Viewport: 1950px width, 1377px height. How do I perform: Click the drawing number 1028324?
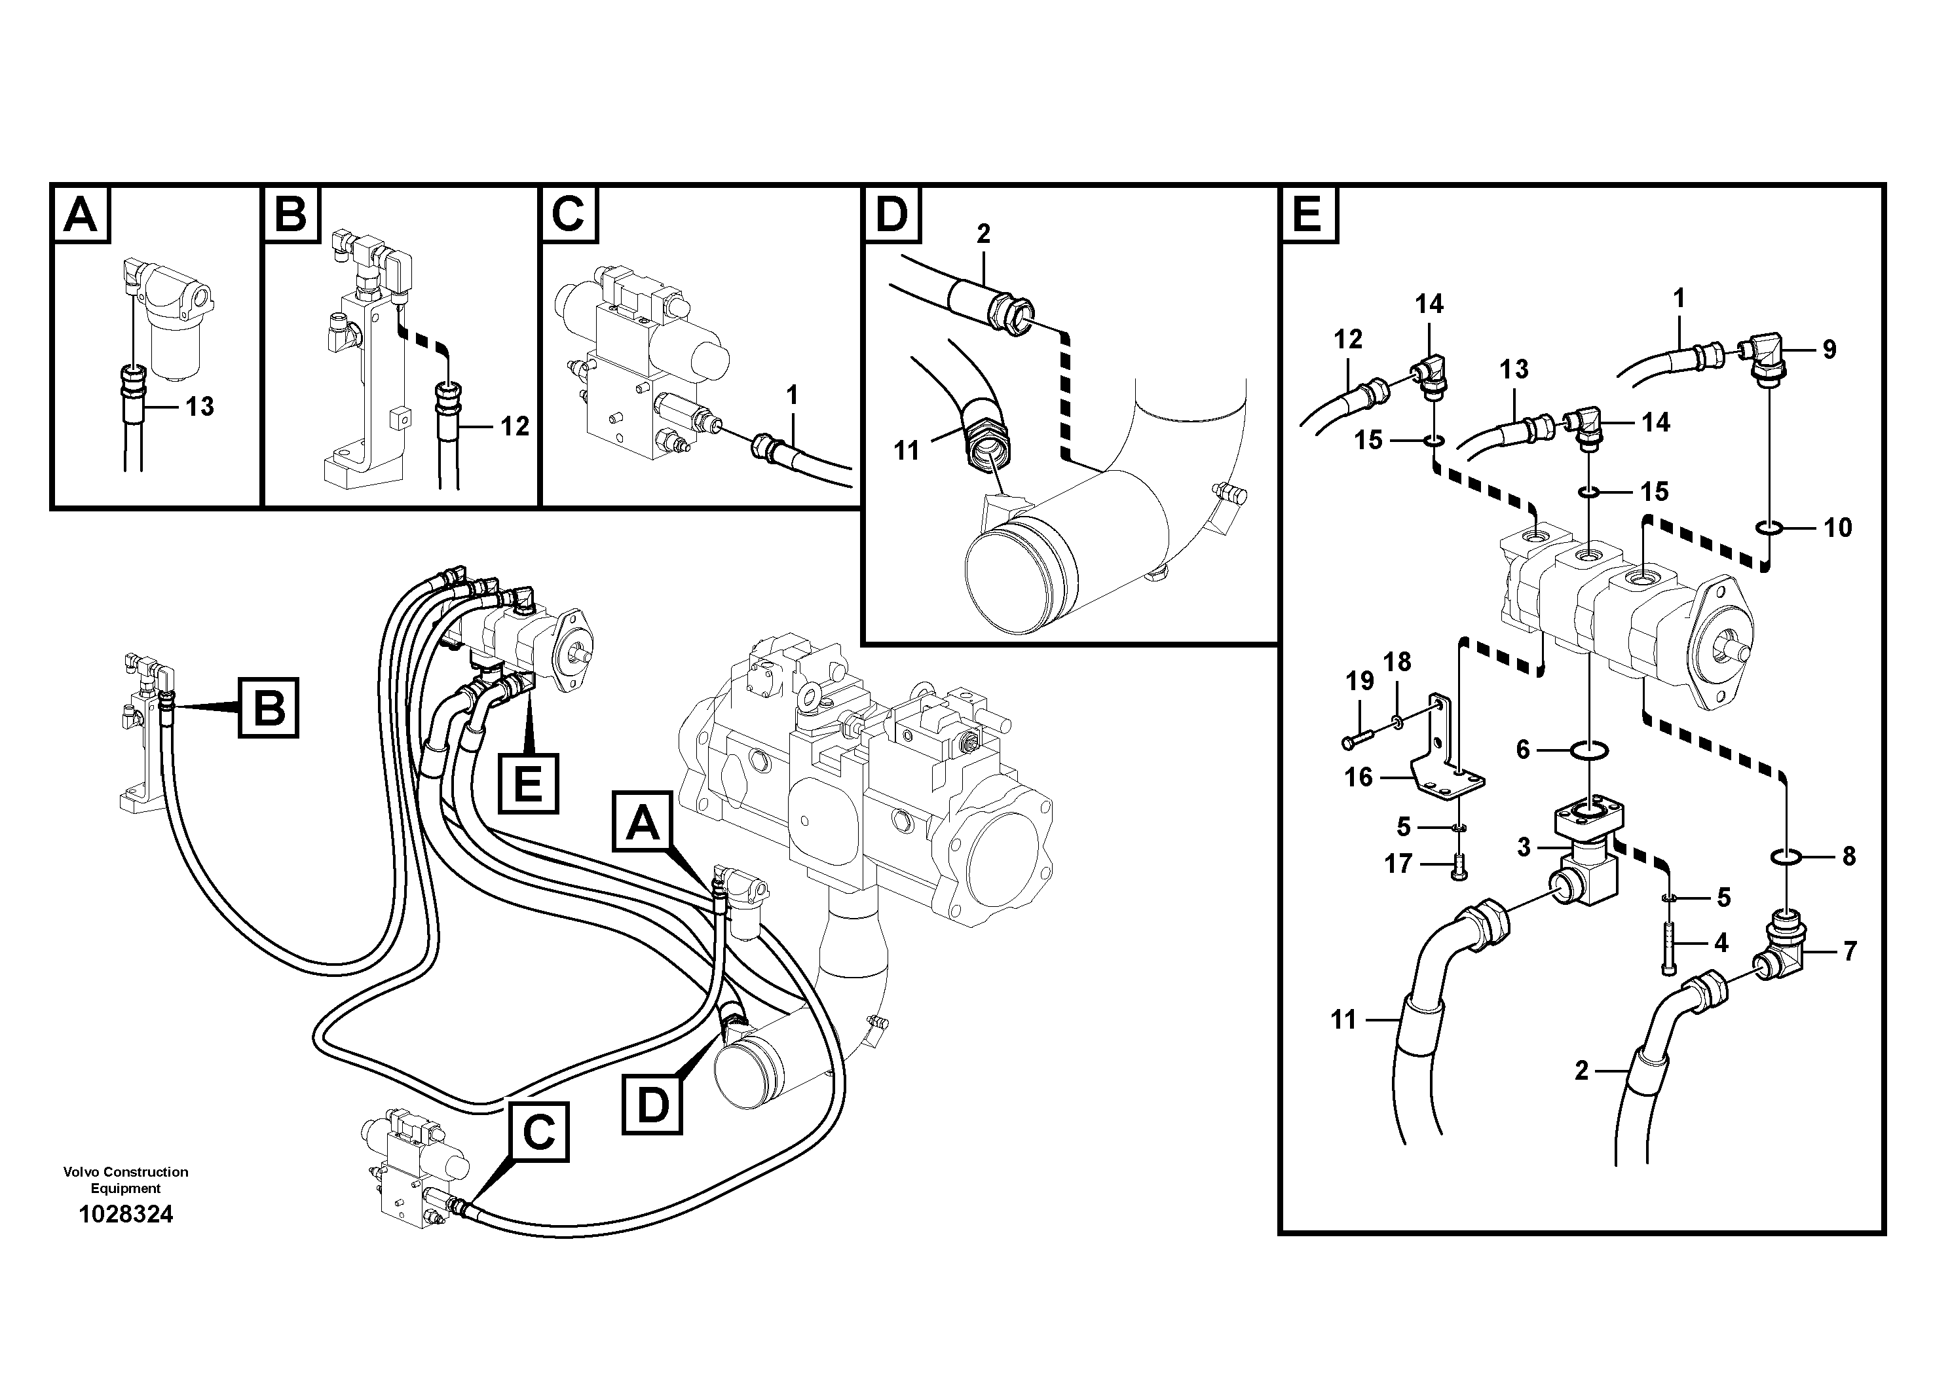126,1215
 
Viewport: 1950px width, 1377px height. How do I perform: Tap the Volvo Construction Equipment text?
126,1179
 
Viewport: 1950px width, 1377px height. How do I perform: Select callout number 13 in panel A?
200,407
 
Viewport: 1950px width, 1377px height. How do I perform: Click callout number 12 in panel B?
515,426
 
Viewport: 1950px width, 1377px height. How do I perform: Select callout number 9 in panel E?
1829,349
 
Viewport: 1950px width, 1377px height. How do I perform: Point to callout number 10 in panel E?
1838,528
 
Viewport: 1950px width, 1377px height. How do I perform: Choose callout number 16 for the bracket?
1358,777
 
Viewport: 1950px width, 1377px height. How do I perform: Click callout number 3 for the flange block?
1524,847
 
